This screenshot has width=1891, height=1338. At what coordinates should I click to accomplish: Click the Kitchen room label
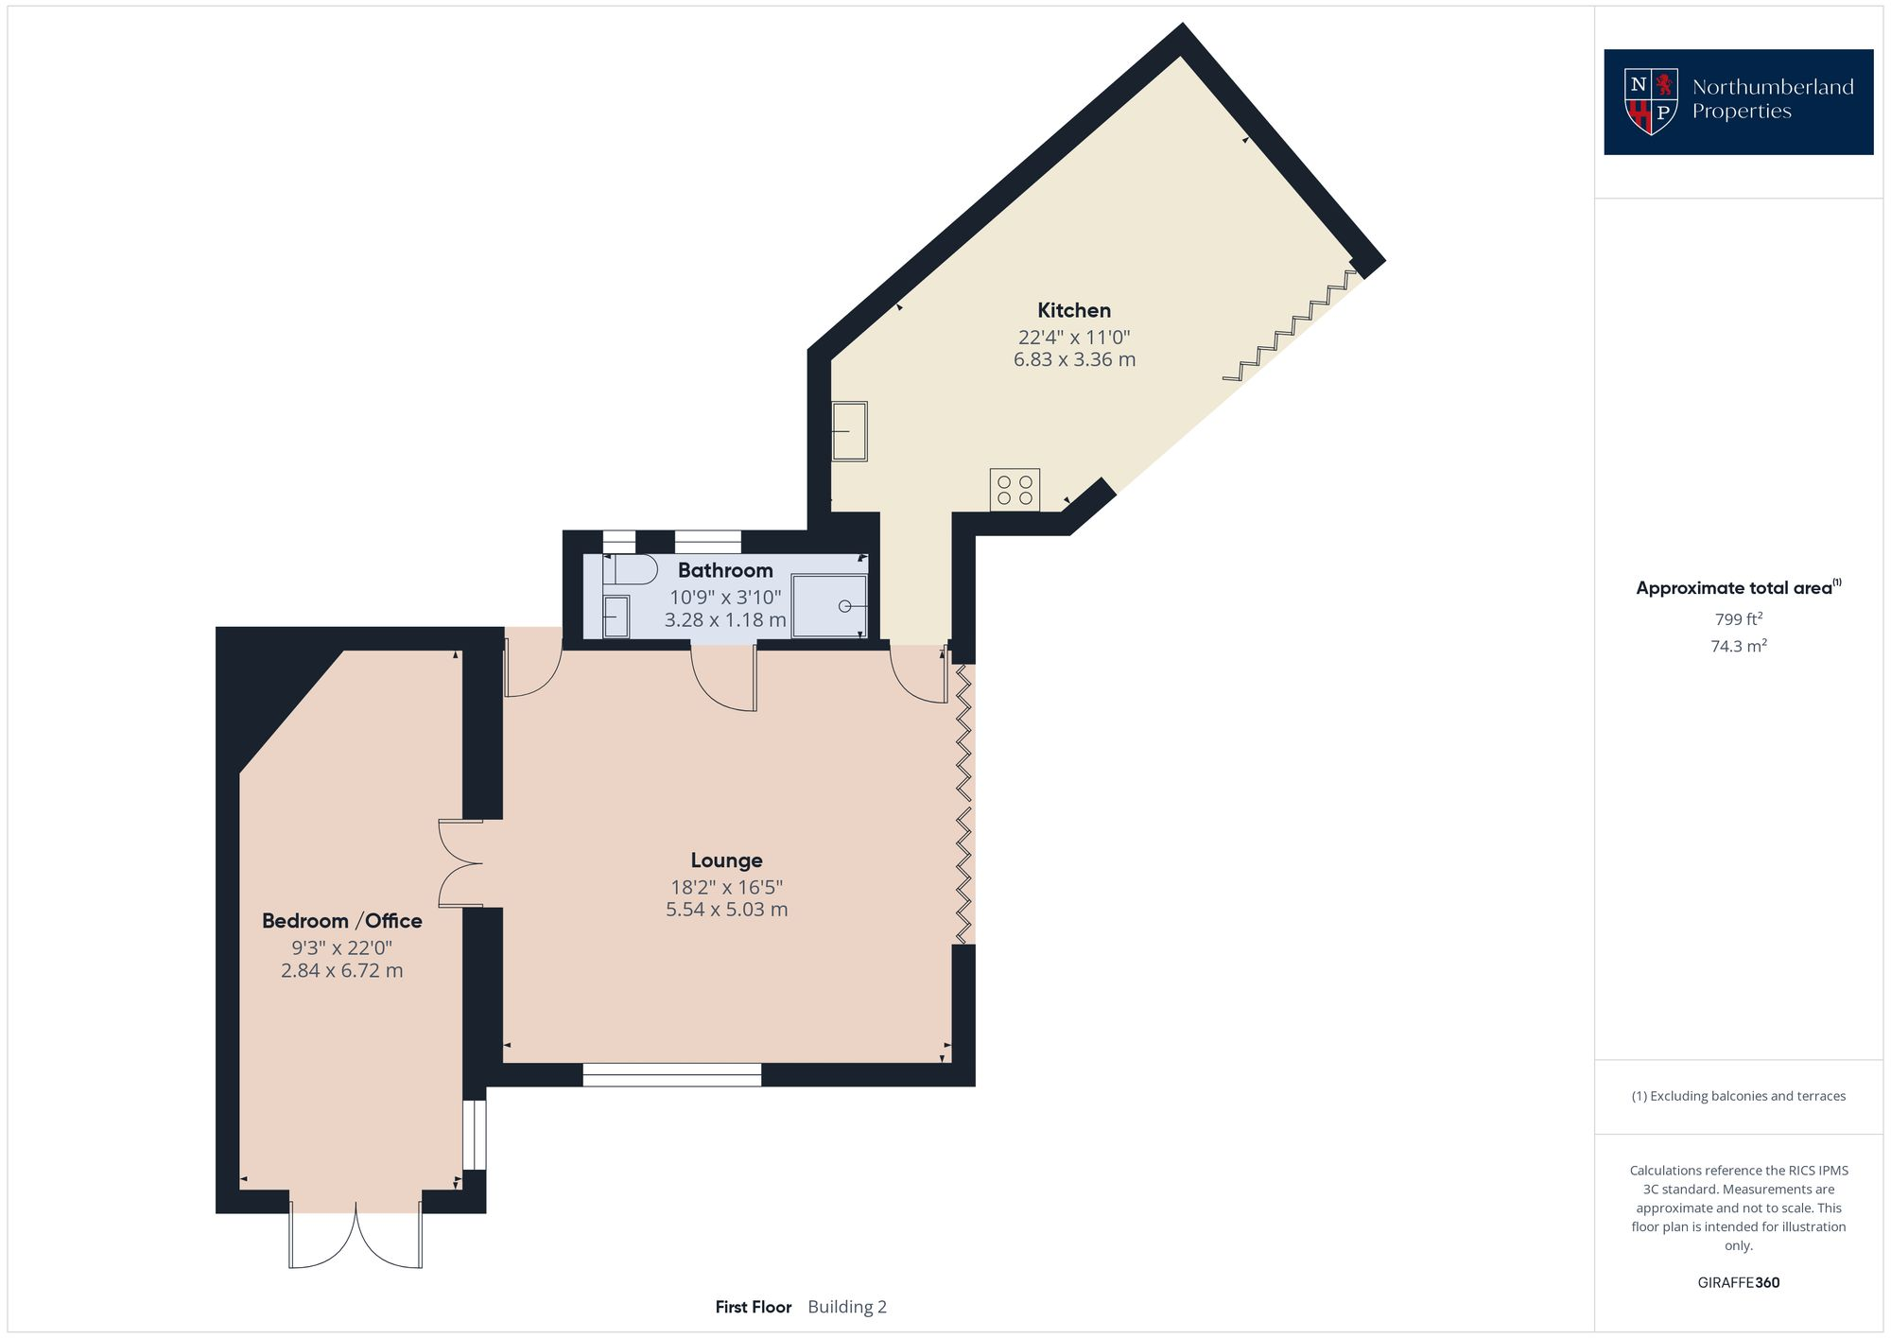pyautogui.click(x=1073, y=310)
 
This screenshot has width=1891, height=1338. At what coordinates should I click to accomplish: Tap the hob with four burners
pyautogui.click(x=1015, y=490)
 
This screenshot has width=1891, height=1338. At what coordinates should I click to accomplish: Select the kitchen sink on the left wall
pyautogui.click(x=849, y=431)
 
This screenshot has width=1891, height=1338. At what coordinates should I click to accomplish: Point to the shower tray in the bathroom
pyautogui.click(x=829, y=605)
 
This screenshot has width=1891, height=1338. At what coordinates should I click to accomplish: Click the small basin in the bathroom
pyautogui.click(x=616, y=617)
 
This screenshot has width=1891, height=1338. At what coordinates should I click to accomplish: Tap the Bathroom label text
pyautogui.click(x=725, y=570)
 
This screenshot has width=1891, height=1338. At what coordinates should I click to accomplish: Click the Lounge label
pyautogui.click(x=726, y=860)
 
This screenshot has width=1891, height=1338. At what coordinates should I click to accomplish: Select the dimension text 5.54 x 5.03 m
pyautogui.click(x=726, y=910)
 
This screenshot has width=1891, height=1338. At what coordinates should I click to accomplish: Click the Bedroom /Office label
pyautogui.click(x=341, y=921)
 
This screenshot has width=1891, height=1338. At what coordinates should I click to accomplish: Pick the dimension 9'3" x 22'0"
pyautogui.click(x=341, y=947)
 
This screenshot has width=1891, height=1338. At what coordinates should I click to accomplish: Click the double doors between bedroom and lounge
pyautogui.click(x=462, y=863)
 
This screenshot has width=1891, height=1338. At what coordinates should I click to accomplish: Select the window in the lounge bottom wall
pyautogui.click(x=671, y=1074)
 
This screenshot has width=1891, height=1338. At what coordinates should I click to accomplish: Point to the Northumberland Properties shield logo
pyautogui.click(x=1650, y=101)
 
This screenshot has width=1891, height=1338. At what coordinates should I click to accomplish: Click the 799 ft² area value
pyautogui.click(x=1738, y=619)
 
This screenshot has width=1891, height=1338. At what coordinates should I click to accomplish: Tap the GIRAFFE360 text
pyautogui.click(x=1738, y=1282)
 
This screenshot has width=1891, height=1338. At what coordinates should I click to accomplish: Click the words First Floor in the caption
pyautogui.click(x=753, y=1307)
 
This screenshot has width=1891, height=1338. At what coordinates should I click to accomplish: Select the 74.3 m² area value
pyautogui.click(x=1738, y=646)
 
